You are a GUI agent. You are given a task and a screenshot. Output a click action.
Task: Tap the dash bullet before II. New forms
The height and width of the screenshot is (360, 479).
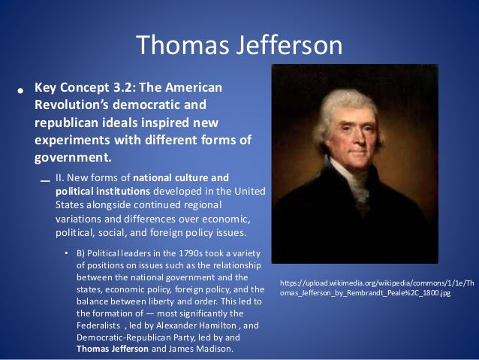[x=44, y=180]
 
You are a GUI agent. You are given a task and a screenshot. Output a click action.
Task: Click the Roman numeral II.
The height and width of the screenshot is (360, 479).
[x=60, y=178]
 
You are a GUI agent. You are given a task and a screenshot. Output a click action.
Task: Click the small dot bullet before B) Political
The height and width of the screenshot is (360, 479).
[x=66, y=253]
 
